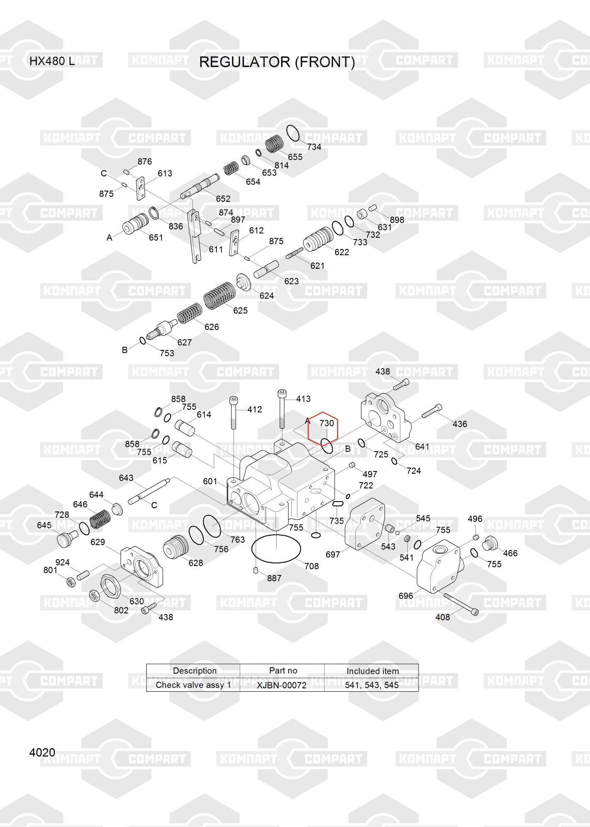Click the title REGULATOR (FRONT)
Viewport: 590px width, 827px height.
coord(277,62)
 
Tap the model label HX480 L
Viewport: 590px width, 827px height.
coord(52,61)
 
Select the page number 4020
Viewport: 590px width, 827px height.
coord(42,752)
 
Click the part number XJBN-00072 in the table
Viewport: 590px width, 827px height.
coord(282,685)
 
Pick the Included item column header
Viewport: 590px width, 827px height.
coord(373,671)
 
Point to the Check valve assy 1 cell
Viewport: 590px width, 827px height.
coord(193,685)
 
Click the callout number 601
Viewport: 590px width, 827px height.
coord(210,481)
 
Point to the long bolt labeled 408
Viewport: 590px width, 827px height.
coord(461,603)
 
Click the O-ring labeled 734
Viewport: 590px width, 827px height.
coord(293,133)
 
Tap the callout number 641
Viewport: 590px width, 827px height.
coord(422,447)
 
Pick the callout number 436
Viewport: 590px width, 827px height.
coord(460,424)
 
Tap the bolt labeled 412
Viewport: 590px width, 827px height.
coord(234,413)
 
